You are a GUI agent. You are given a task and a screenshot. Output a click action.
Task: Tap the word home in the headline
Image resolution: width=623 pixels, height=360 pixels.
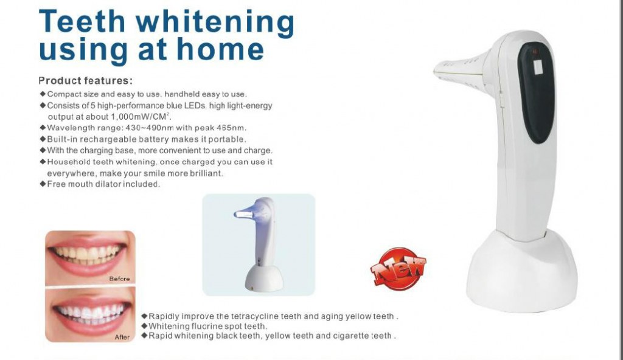coord(220,49)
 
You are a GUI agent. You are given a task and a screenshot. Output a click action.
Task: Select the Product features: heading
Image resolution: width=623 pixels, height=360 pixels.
coord(85,81)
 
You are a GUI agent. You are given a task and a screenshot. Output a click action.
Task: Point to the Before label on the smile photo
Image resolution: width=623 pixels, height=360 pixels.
coord(119,279)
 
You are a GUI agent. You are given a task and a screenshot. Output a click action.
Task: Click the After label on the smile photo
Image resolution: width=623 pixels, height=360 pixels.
coord(122,337)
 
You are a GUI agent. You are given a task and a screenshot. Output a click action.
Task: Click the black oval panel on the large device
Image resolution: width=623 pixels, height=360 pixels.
coord(537,92)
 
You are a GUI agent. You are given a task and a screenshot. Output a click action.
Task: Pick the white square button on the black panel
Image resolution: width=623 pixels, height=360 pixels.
coord(538,67)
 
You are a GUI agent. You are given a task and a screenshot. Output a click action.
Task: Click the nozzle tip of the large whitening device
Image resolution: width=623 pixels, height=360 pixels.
coord(437,72)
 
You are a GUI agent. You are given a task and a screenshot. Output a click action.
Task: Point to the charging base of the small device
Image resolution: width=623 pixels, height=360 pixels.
coord(264,279)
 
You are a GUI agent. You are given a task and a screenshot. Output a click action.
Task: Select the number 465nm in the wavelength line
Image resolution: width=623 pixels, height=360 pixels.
coord(232,128)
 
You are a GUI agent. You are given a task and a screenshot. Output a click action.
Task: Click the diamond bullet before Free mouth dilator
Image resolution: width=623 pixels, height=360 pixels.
coord(43,184)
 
